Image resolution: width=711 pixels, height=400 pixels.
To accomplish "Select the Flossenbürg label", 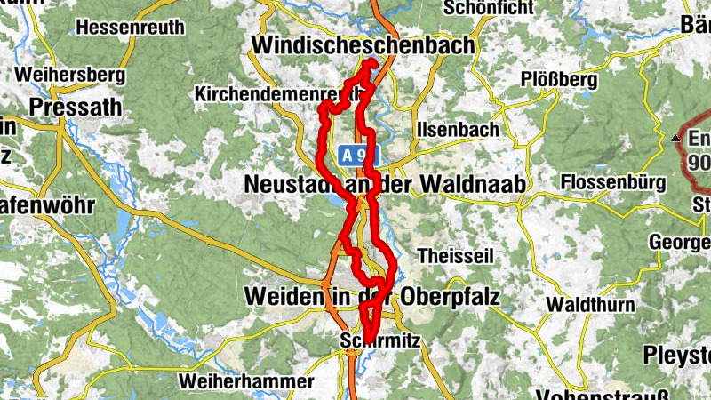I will tap(613, 183).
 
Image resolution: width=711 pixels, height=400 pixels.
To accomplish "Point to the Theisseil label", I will tap(454, 254).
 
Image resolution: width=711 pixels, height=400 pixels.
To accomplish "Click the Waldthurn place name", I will tap(590, 305).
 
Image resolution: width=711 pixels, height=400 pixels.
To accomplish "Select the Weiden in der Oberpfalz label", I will tap(374, 296).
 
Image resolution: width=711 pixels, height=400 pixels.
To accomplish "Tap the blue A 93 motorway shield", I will tap(357, 156).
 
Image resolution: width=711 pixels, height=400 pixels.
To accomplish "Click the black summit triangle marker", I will tap(676, 139).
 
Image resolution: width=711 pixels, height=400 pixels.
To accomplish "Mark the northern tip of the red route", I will tap(371, 61).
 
